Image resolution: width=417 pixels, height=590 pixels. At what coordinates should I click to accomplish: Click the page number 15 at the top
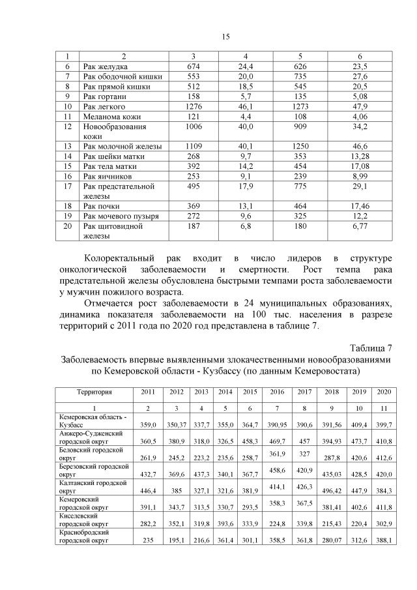click(225, 36)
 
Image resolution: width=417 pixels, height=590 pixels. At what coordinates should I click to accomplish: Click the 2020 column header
click(384, 392)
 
